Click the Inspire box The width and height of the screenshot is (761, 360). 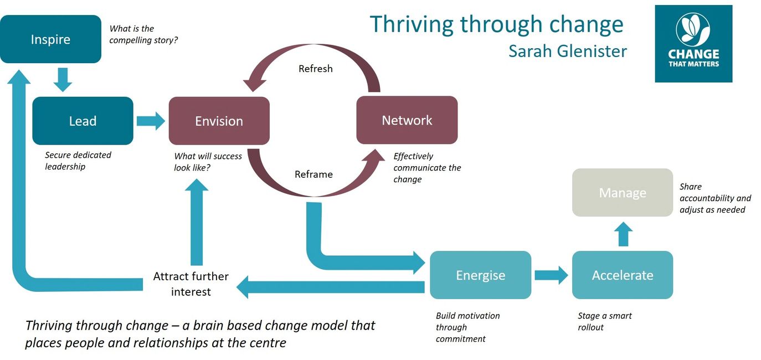coord(50,39)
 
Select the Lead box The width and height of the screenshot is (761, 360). coord(83,121)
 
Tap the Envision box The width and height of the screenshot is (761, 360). coord(219,121)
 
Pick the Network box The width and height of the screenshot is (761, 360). coord(407,120)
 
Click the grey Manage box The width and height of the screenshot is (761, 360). coord(622,193)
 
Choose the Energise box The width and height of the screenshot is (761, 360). coord(480,275)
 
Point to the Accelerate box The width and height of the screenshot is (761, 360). coord(622,275)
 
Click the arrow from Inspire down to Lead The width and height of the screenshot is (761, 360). coord(63,79)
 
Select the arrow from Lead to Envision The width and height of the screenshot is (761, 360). coord(151,121)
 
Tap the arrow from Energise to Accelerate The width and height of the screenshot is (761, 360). coord(551,275)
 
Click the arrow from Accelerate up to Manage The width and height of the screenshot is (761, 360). coord(624,234)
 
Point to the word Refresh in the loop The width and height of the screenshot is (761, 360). coord(315,69)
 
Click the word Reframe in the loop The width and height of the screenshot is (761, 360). coord(313,174)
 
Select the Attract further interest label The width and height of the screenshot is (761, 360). coord(191,284)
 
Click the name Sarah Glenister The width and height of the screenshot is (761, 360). coord(567,52)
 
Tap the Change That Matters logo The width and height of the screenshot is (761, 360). coord(693,44)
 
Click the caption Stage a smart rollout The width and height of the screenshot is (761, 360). coord(604,321)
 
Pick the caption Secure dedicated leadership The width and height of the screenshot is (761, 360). coord(78,161)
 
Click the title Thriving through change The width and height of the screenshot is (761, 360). coord(496,24)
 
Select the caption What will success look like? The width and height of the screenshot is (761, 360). coord(208,162)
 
